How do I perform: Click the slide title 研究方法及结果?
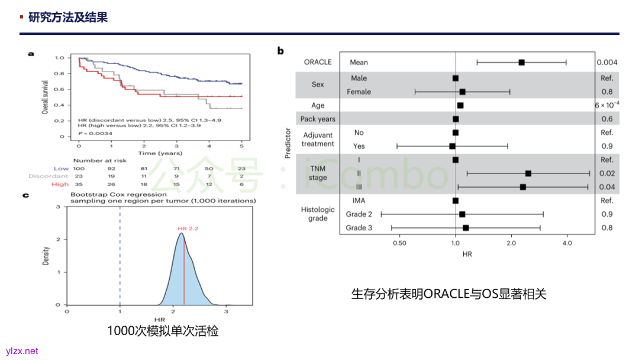coord(68,18)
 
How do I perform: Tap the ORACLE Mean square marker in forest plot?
coord(521,62)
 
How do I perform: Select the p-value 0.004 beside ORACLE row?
coord(606,62)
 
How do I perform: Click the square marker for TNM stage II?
coord(528,173)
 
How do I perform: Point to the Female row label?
coord(360,92)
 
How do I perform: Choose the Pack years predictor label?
coord(318,119)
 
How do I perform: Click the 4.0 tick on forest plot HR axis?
coord(567,243)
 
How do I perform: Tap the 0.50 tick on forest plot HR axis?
coord(399,243)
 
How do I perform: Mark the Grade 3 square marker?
coord(466,228)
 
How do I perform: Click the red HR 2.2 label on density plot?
coord(188,228)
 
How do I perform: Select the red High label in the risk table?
coord(60,184)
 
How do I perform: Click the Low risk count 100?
coord(79,168)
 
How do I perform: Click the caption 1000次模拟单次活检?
coord(163,331)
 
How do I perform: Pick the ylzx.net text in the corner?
coord(22,351)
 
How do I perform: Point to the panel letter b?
coord(280,51)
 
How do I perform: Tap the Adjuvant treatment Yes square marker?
coord(453,146)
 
